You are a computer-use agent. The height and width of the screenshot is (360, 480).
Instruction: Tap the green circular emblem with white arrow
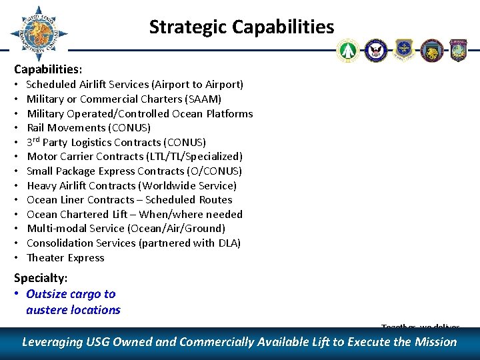click(348, 50)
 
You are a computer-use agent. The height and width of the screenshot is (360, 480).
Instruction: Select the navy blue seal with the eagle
click(376, 50)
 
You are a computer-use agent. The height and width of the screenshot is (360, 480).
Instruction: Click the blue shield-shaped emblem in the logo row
click(404, 50)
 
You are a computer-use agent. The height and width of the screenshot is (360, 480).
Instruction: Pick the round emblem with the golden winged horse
click(431, 50)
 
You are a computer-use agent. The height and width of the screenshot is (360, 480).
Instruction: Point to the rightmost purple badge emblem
click(459, 50)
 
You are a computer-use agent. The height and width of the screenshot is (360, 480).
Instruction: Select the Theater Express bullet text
click(65, 258)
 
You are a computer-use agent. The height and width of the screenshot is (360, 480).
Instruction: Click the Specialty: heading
click(41, 279)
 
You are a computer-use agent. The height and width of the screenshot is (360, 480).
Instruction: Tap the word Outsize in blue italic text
click(46, 294)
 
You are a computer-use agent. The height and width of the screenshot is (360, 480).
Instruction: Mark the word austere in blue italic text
click(46, 310)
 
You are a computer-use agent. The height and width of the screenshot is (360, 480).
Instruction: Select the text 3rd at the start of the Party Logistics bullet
click(33, 142)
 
